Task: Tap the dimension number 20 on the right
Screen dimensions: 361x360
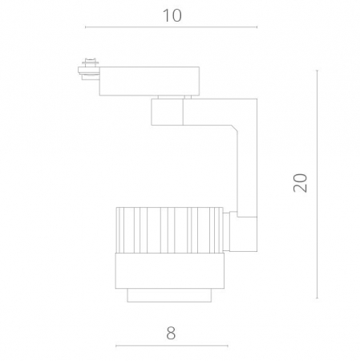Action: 301,184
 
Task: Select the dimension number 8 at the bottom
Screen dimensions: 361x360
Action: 171,331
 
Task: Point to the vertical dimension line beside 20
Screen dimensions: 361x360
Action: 318,184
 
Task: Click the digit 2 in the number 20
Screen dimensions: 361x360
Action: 301,190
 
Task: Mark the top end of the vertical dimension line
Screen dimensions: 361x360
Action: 318,71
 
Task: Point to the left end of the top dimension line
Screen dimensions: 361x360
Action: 85,27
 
